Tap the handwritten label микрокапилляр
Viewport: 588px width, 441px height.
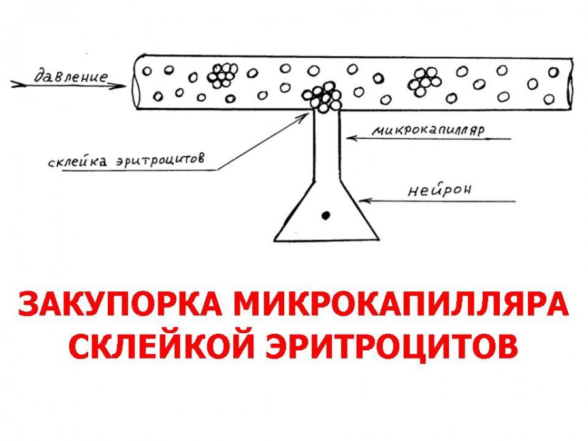click(x=428, y=130)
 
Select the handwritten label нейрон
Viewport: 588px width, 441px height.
click(x=440, y=191)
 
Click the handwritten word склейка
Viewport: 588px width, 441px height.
click(x=78, y=161)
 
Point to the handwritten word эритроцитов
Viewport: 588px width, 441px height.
click(x=161, y=159)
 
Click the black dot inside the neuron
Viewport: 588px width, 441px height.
click(x=325, y=216)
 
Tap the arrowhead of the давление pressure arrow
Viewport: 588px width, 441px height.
click(x=120, y=86)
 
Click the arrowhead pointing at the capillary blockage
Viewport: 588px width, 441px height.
click(x=303, y=118)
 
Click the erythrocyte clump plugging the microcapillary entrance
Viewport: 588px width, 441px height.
click(x=322, y=97)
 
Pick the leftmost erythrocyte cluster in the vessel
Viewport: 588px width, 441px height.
click(x=222, y=75)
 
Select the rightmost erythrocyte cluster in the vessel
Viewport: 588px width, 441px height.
click(x=424, y=82)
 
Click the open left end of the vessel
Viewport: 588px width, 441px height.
click(x=137, y=82)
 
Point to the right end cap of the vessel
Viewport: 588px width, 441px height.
click(x=570, y=85)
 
